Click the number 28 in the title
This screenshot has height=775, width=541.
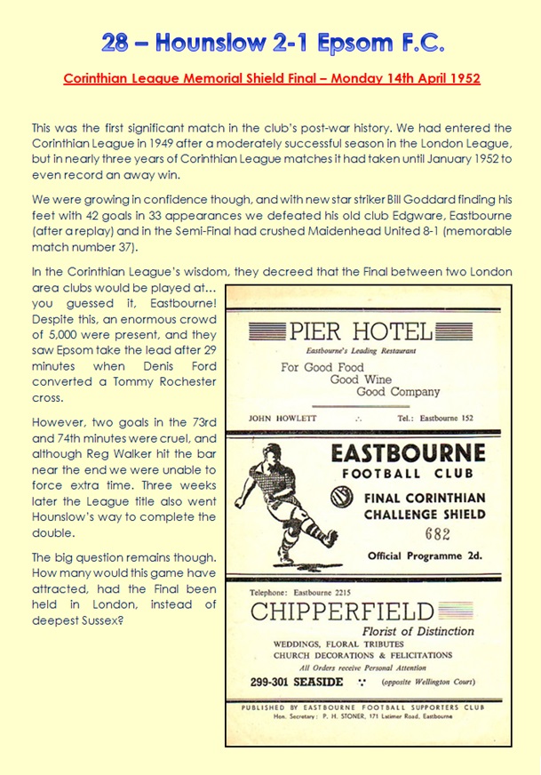point(116,42)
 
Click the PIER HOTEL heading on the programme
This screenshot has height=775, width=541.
point(361,332)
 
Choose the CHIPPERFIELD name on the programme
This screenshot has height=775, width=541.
point(342,611)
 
